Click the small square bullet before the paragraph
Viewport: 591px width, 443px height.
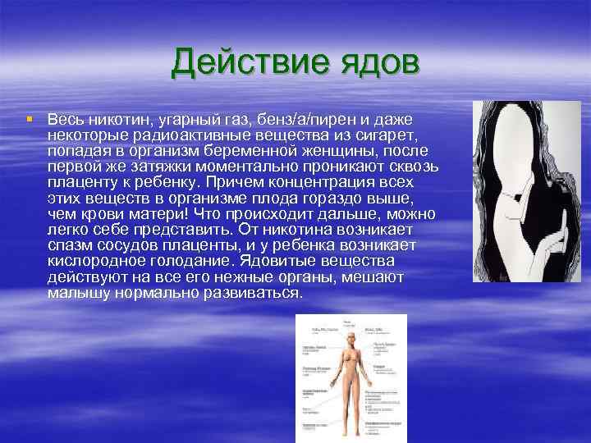[30, 118]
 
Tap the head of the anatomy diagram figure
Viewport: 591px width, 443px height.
[350, 339]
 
